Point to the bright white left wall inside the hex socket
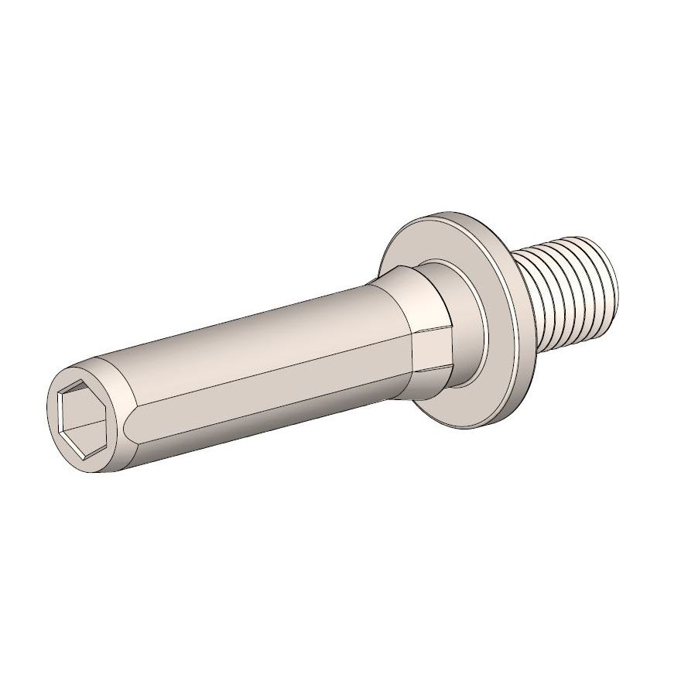click(66, 414)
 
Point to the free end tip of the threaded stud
click(611, 271)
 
